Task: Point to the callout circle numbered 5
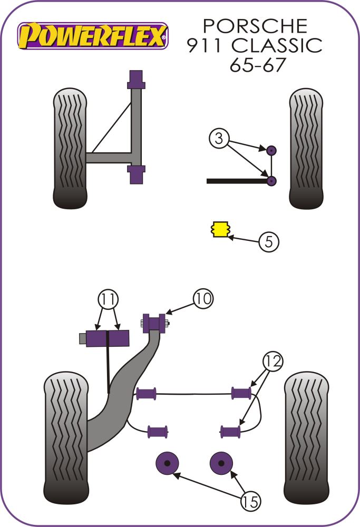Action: [x=268, y=242]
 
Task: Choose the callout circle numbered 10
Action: [x=203, y=299]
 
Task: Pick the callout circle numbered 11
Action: [x=108, y=300]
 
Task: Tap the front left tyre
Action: [x=70, y=149]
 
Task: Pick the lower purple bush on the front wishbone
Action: [x=137, y=174]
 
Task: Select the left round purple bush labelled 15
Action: [x=168, y=463]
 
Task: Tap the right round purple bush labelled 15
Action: [x=221, y=463]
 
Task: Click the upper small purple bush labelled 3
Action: [x=271, y=150]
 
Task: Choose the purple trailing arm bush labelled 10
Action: [x=155, y=321]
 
